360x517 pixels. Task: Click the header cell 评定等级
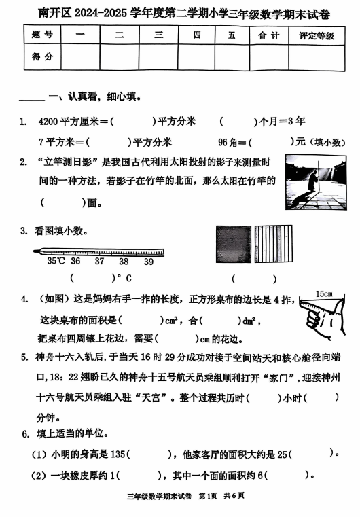pyautogui.click(x=317, y=36)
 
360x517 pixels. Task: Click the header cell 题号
pyautogui.click(x=42, y=36)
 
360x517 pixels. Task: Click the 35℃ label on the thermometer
pyautogui.click(x=56, y=261)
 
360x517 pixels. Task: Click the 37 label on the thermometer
pyautogui.click(x=99, y=261)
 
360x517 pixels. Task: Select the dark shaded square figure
pyautogui.click(x=233, y=245)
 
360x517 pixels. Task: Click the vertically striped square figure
pyautogui.click(x=274, y=245)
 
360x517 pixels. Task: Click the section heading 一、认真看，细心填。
pyautogui.click(x=95, y=97)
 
